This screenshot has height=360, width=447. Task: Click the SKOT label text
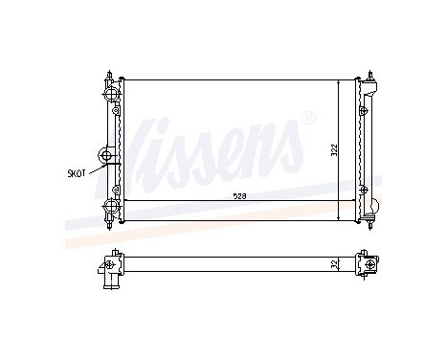click(77, 173)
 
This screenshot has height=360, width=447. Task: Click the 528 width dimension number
click(239, 196)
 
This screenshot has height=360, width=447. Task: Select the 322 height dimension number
click(334, 150)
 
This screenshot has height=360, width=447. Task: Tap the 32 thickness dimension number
click(334, 263)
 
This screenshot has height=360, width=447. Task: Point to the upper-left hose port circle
click(111, 94)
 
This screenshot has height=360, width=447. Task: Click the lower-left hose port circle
click(111, 206)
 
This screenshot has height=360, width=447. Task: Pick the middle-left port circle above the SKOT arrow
click(106, 156)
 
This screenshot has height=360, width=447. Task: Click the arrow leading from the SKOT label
click(97, 169)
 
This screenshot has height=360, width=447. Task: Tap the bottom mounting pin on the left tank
click(110, 224)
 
